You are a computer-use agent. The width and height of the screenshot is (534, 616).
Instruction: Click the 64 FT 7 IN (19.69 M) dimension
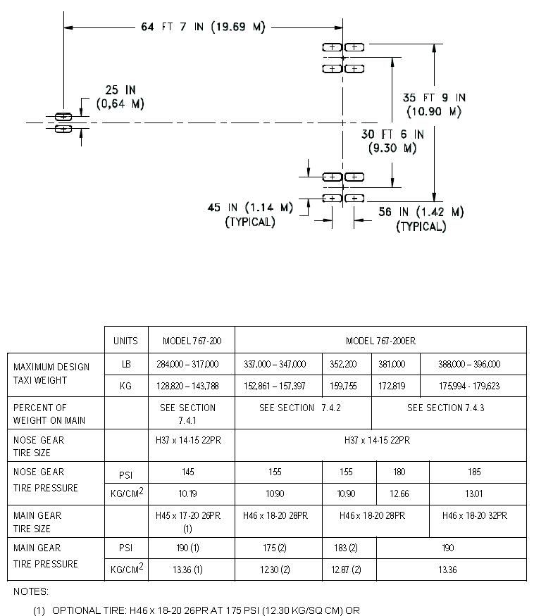click(203, 27)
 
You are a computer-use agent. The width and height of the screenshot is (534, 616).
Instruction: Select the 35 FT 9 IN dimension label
click(434, 104)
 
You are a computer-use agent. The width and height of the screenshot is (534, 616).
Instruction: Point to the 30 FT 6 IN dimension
click(392, 141)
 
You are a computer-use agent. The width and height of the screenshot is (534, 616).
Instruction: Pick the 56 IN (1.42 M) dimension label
click(421, 218)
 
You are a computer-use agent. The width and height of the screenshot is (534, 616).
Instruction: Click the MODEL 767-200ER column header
click(380, 341)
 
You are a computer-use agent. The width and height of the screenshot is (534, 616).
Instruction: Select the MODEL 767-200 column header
click(192, 341)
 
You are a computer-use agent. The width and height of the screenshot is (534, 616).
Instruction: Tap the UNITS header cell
click(126, 341)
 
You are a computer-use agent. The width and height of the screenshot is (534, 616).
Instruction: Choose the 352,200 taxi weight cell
click(343, 364)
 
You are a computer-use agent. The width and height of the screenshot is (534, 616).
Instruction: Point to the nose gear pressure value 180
click(402, 472)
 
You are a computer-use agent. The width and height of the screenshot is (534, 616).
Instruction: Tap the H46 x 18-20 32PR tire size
click(475, 516)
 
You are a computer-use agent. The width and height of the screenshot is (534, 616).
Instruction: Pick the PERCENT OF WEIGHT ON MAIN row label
click(50, 414)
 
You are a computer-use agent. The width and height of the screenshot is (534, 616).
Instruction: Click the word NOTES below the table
click(30, 592)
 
